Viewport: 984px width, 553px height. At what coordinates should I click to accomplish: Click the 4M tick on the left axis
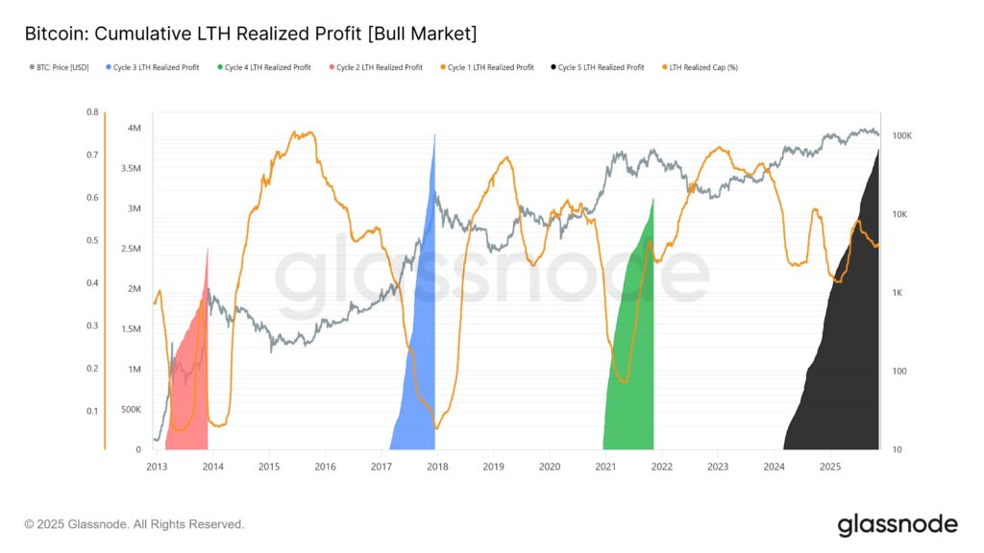pyautogui.click(x=135, y=129)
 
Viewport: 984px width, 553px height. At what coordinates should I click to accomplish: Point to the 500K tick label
pyautogui.click(x=132, y=409)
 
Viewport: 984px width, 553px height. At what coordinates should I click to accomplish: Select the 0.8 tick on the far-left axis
pyautogui.click(x=92, y=112)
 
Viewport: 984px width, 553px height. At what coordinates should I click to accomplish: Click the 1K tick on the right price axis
pyautogui.click(x=899, y=293)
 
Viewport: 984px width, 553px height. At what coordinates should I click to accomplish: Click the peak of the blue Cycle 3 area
pyautogui.click(x=435, y=135)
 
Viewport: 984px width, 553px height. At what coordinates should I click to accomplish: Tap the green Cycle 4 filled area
pyautogui.click(x=632, y=365)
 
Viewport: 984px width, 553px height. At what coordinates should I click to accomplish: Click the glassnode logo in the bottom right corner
pyautogui.click(x=897, y=524)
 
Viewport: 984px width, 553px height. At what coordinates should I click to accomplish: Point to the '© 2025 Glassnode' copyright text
pyautogui.click(x=135, y=524)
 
